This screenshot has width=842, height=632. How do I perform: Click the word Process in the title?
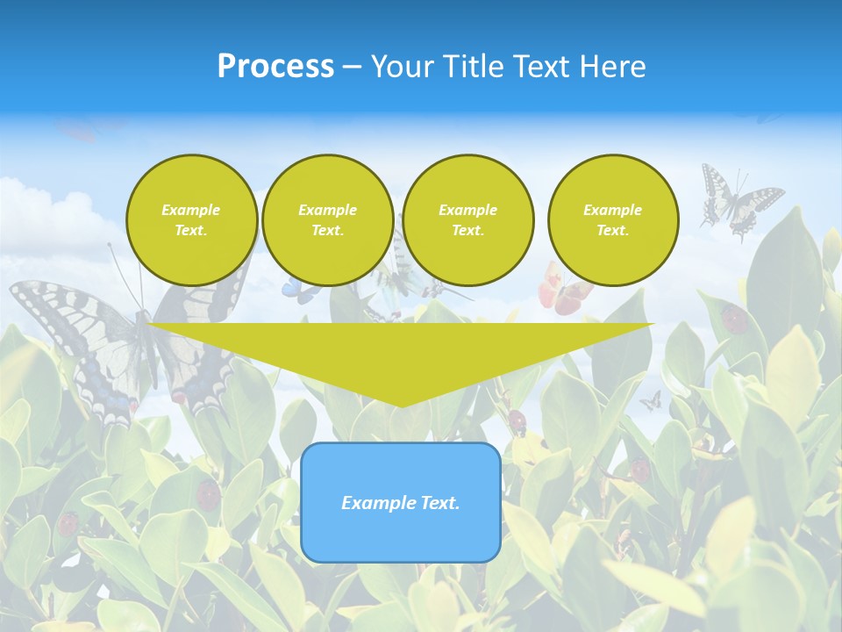click(275, 67)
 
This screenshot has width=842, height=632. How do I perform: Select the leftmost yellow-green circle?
click(191, 219)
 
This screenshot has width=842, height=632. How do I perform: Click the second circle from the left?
click(327, 219)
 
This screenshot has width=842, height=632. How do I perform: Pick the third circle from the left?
click(467, 219)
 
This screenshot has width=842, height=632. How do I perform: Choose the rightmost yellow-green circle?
click(612, 219)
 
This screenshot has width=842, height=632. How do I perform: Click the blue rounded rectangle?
click(401, 502)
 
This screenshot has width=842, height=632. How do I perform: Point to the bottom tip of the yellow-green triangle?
click(401, 406)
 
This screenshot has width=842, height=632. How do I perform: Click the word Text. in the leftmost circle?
click(191, 230)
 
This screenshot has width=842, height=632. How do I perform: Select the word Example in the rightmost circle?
click(612, 210)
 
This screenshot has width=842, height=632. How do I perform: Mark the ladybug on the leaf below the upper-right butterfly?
click(735, 319)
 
